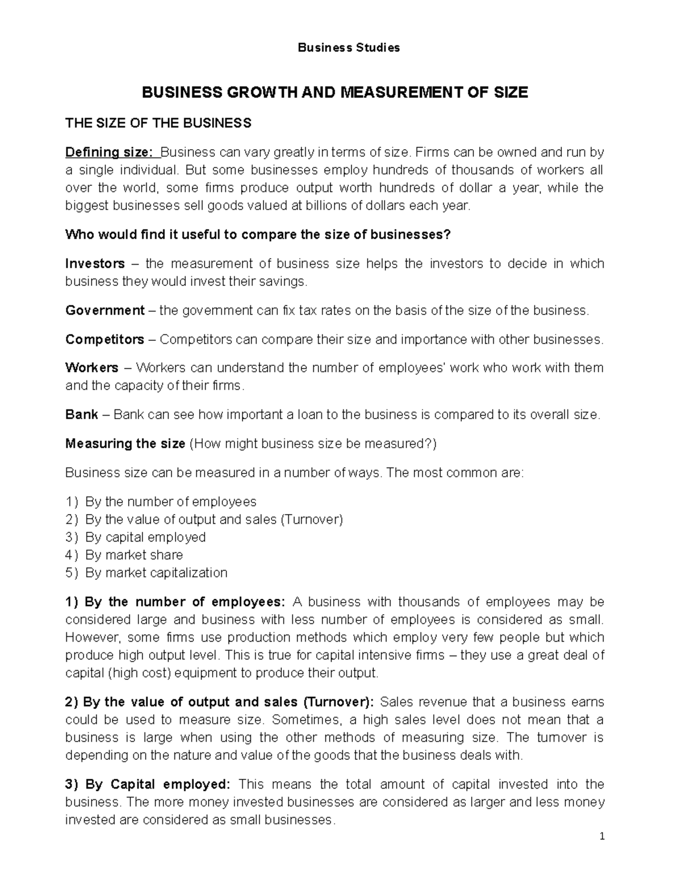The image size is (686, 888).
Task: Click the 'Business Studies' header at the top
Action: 349,48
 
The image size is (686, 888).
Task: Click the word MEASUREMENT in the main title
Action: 389,93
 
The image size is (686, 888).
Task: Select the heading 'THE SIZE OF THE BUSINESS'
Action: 158,123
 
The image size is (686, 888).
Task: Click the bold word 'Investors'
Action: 95,264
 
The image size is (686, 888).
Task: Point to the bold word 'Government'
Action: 105,310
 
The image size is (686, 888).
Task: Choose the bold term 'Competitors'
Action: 105,340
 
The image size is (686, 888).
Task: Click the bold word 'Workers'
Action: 92,368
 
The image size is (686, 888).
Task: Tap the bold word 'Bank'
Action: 82,415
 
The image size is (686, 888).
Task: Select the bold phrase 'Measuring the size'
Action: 125,444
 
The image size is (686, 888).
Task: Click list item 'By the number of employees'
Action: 170,502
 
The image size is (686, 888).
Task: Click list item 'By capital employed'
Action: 145,537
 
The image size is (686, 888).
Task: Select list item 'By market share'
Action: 134,555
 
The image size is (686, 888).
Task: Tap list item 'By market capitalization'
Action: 156,573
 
